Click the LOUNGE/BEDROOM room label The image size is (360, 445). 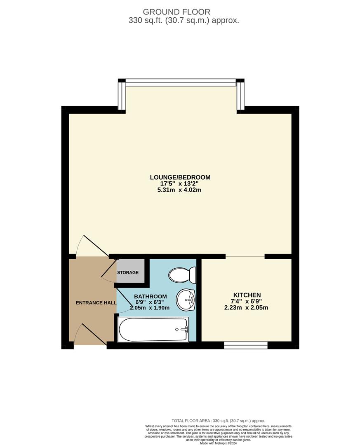[180, 177]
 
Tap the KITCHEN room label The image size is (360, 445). [247, 295]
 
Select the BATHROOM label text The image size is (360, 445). [151, 296]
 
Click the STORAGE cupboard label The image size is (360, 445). [128, 273]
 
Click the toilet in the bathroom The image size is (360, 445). [183, 274]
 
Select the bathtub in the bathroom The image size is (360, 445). [153, 329]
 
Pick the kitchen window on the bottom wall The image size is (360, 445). [246, 345]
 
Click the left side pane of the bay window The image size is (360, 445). [122, 95]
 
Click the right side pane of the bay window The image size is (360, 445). [240, 95]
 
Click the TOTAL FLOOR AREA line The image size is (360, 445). [218, 421]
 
